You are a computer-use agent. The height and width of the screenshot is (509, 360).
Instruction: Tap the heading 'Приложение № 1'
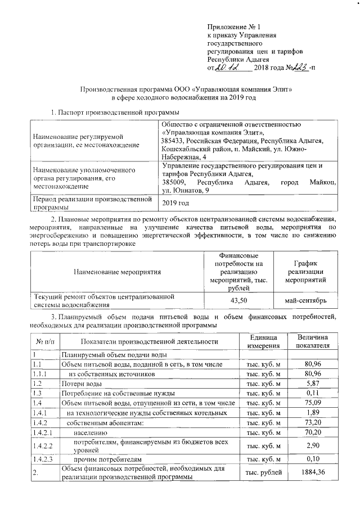[231, 26]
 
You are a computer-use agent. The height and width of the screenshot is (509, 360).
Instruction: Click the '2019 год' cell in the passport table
[175, 202]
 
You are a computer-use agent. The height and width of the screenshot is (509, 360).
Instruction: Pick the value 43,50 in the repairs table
[240, 300]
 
